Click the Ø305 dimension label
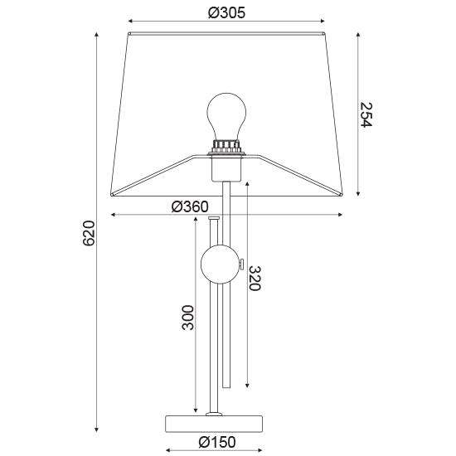click(226, 12)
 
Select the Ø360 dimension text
click(190, 206)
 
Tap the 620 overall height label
click(89, 233)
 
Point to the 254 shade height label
click(366, 114)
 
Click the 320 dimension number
click(255, 279)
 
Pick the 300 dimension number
click(187, 318)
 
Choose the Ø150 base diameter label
click(217, 443)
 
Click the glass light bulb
click(226, 117)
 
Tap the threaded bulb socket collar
click(226, 146)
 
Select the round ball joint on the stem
click(220, 264)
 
